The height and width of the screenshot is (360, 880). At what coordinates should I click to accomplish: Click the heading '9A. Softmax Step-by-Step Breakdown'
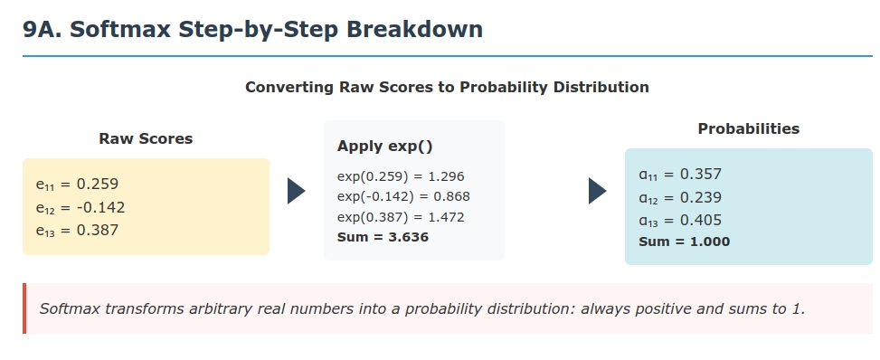252,29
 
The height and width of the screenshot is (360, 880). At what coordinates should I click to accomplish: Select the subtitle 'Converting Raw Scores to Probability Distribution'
447,87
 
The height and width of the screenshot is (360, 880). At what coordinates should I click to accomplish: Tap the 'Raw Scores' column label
146,138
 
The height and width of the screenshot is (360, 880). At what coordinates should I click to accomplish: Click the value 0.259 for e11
98,185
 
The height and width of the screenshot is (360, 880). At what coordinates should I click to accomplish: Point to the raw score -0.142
101,208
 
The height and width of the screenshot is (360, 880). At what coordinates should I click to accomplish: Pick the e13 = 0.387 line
78,231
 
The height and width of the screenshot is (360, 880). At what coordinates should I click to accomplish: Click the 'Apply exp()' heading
385,147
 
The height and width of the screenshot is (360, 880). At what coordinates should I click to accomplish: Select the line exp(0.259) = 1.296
401,176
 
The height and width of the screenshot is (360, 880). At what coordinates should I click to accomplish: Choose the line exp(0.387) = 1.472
401,217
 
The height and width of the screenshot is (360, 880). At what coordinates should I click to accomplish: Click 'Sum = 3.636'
383,237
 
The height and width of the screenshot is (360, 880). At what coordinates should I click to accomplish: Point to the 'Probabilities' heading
749,128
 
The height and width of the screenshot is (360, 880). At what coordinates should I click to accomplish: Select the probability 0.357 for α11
701,174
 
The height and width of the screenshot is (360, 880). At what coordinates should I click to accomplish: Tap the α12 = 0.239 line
680,198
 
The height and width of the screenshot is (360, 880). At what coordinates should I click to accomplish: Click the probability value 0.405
701,220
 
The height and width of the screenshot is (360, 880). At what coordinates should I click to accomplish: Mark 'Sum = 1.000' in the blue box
684,242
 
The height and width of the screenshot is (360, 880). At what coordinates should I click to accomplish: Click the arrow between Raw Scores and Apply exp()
297,191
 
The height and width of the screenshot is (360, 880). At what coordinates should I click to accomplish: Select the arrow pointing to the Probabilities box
598,191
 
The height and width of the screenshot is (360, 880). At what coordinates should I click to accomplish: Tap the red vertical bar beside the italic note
24,308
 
